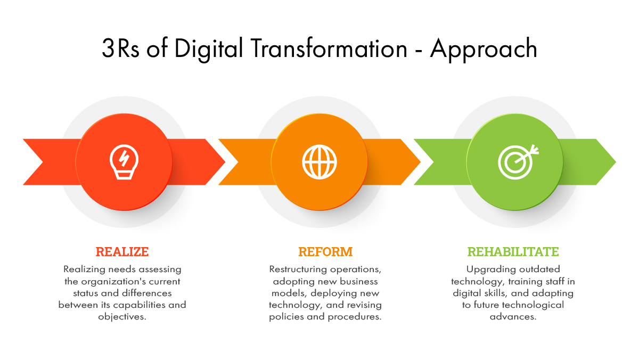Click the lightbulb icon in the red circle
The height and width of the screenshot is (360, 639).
click(124, 162)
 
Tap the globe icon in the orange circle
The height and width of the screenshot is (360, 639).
click(319, 162)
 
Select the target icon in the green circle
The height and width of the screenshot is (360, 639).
click(518, 162)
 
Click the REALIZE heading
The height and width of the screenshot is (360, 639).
click(122, 252)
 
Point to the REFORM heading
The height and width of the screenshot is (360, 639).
click(325, 252)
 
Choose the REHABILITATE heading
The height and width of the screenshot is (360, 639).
click(513, 252)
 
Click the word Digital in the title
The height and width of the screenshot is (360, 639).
click(209, 49)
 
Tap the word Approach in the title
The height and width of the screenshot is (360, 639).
click(484, 49)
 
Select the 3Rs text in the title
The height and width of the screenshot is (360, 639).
click(121, 48)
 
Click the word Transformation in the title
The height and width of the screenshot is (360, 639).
click(329, 48)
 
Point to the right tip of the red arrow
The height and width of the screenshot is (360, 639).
click(225, 162)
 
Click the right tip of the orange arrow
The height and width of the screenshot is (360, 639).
click(421, 162)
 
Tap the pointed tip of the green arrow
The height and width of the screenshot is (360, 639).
click(616, 162)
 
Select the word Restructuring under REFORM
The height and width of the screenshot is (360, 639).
click(298, 269)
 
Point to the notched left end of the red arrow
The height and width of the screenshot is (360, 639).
click(43, 162)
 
